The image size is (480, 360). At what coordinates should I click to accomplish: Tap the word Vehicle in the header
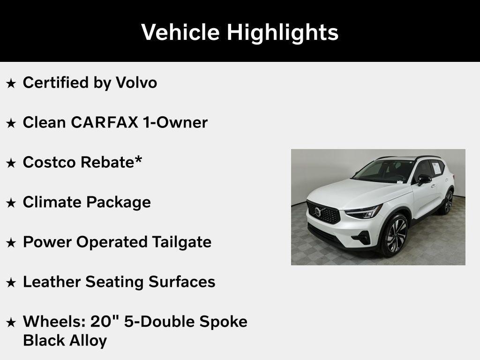pos(180,32)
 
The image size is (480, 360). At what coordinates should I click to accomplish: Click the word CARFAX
pos(105,122)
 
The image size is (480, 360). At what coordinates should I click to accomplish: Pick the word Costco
pos(50,162)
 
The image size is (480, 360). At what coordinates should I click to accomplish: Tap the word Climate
pos(52,202)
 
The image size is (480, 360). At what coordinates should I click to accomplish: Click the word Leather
pos(52,282)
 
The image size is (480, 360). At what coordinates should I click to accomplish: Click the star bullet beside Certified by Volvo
pos(11,83)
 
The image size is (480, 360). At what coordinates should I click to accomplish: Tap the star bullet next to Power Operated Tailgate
pos(11,243)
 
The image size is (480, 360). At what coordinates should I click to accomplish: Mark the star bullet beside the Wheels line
pos(11,322)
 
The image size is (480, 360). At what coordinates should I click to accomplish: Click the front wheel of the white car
pos(395,235)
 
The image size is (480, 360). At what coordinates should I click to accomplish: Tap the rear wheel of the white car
pos(447,202)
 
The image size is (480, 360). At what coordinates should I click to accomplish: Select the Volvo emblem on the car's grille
pos(318,211)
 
